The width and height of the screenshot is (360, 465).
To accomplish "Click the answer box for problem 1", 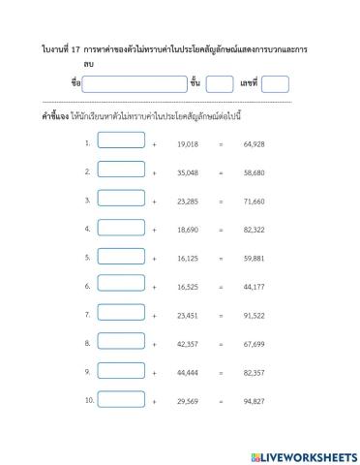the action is (121, 140).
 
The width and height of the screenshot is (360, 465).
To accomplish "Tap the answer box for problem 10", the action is (121, 398).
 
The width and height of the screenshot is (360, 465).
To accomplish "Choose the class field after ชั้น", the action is (220, 83).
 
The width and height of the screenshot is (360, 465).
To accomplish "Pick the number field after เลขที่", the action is (275, 83).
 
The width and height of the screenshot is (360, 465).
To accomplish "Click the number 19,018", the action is (188, 143).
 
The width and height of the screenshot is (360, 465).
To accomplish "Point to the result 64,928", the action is (255, 143).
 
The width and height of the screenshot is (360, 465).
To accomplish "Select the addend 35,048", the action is (188, 172).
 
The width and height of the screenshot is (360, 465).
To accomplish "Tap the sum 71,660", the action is (255, 201).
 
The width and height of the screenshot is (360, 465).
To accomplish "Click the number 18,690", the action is (188, 230).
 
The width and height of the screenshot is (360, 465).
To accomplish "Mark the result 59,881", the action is (255, 259).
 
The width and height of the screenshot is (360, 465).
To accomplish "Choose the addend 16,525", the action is (188, 287).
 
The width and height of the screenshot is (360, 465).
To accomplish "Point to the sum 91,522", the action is (255, 316).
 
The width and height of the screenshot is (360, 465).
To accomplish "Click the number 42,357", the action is (188, 344).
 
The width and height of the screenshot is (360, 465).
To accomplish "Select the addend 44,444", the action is (188, 373).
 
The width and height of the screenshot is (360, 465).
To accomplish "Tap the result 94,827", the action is (255, 401).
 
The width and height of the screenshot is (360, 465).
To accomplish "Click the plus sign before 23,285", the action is (155, 201).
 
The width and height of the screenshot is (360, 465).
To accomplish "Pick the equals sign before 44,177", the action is (221, 287).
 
